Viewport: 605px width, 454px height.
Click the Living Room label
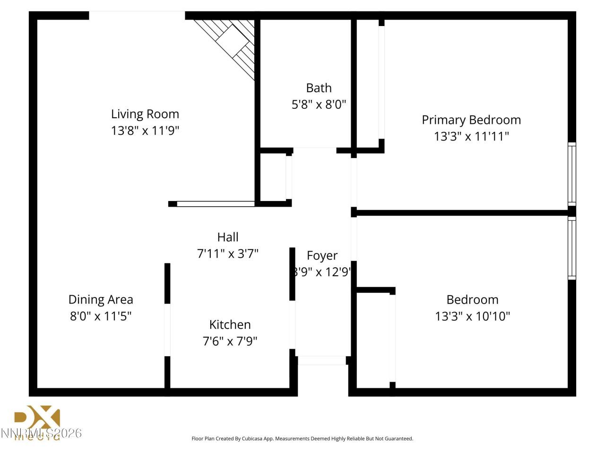(145, 114)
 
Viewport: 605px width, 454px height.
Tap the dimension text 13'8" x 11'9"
(145, 131)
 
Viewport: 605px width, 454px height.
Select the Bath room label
(319, 88)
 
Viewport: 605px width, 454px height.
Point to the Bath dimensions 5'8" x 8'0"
(319, 105)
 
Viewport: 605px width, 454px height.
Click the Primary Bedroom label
(471, 120)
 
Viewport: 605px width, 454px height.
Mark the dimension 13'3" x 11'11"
(471, 137)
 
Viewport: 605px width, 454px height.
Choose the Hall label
(227, 237)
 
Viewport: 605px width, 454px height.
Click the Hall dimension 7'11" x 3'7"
(227, 254)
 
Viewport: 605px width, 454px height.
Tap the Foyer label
(322, 256)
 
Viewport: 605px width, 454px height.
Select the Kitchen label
(230, 324)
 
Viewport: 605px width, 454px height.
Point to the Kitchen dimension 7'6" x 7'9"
(230, 341)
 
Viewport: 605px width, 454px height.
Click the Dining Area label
(101, 299)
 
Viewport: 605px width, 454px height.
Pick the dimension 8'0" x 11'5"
(101, 316)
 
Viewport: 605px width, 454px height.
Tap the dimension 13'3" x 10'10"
(472, 316)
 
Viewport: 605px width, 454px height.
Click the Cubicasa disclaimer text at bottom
(302, 438)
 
